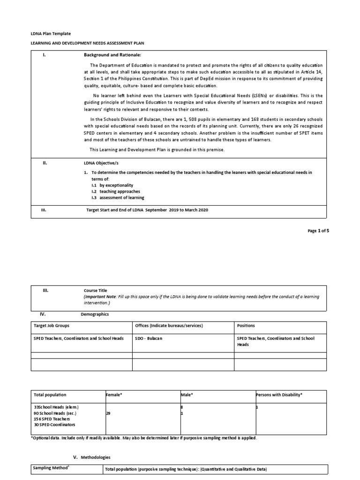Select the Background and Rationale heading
pyautogui.click(x=109, y=55)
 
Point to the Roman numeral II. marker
pyautogui.click(x=45, y=164)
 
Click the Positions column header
pyautogui.click(x=246, y=326)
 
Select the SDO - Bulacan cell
pyautogui.click(x=149, y=338)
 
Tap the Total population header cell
pyautogui.click(x=50, y=395)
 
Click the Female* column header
pyautogui.click(x=114, y=395)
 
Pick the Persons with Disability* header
pyautogui.click(x=279, y=395)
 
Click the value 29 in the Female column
pyautogui.click(x=109, y=413)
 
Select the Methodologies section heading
pyautogui.click(x=94, y=457)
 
